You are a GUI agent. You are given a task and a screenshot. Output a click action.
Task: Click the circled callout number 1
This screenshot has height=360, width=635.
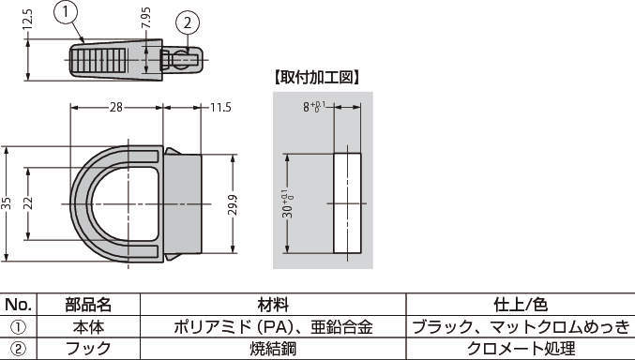tap(66, 13)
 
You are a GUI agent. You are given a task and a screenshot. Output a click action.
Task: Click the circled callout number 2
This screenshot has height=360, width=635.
tap(188, 23)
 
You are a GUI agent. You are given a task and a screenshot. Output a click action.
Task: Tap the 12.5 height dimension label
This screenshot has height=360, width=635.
tap(27, 20)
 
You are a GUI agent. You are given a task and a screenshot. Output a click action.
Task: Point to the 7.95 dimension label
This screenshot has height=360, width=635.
tap(145, 18)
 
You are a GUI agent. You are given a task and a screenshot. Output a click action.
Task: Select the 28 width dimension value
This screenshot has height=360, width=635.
tap(116, 107)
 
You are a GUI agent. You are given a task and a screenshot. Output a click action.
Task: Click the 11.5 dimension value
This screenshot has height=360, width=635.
tap(220, 107)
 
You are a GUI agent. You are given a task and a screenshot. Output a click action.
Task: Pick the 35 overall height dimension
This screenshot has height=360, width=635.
tap(6, 203)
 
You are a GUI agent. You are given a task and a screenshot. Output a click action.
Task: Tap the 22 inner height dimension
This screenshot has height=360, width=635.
tap(27, 203)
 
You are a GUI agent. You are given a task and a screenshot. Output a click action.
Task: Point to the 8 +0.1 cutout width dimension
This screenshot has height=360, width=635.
tap(314, 107)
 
